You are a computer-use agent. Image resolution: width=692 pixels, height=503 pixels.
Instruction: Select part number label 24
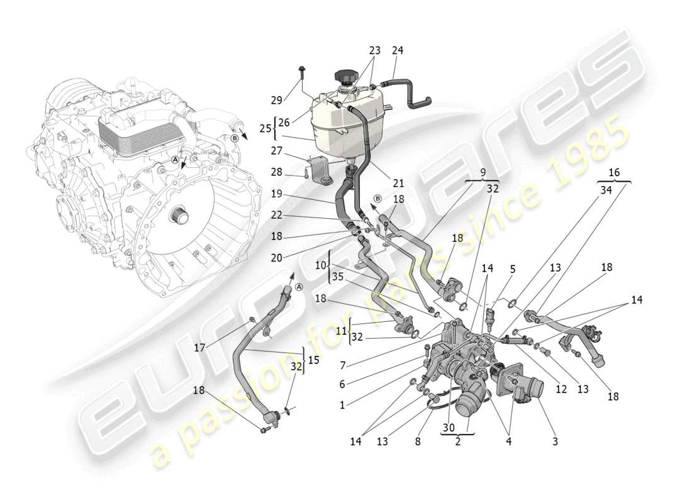tap(398, 51)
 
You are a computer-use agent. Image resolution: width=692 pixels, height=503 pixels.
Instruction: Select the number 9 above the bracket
tap(483, 171)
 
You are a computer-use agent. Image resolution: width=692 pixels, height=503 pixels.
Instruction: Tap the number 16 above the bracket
tap(613, 172)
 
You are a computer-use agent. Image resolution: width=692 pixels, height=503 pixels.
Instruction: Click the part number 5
tap(513, 269)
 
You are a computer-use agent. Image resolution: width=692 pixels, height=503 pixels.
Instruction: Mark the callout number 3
tap(555, 442)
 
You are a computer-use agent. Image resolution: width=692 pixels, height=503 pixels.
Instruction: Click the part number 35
tap(338, 277)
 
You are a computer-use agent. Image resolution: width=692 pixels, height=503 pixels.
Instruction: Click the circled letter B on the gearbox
tap(234, 137)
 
